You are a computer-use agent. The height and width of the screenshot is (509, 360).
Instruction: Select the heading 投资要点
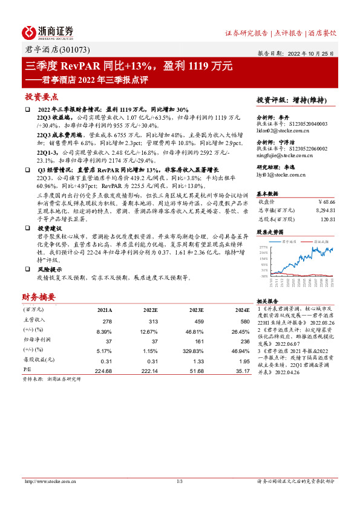pyautogui.click(x=41, y=97)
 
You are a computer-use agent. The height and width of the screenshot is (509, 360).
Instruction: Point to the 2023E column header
pyautogui.click(x=195, y=310)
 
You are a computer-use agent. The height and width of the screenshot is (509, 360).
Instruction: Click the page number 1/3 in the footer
pyautogui.click(x=180, y=481)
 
